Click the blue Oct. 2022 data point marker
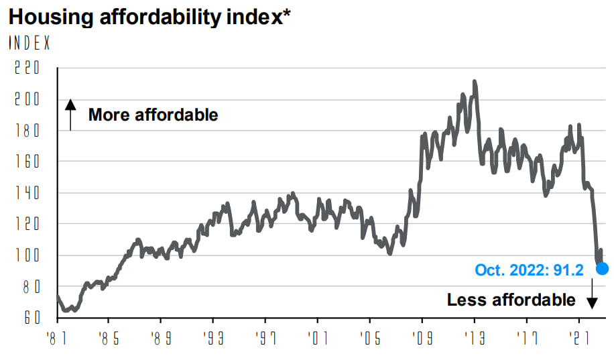click(x=602, y=269)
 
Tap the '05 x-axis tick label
click(x=369, y=338)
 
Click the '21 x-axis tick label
click(x=578, y=338)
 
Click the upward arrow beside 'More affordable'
click(x=70, y=115)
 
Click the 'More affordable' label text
click(x=153, y=115)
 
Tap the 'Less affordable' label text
click(x=511, y=300)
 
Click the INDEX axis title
click(x=29, y=43)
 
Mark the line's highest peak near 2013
click(x=475, y=82)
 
